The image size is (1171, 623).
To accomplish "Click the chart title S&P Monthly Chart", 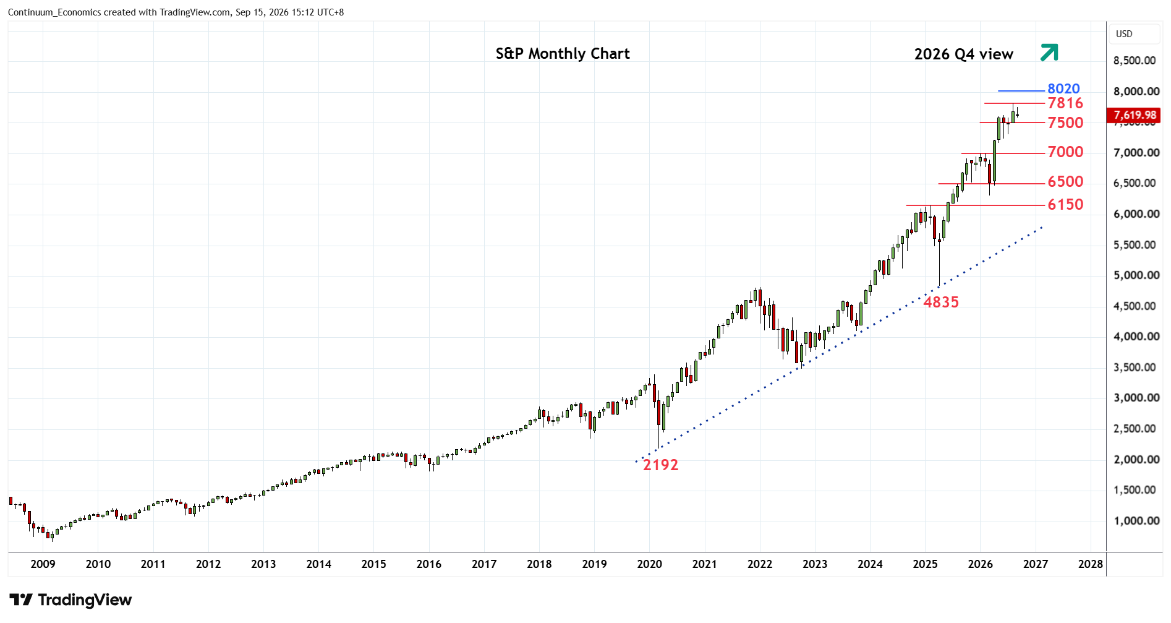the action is [x=563, y=54].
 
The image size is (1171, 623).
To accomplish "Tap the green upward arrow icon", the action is [x=1049, y=53].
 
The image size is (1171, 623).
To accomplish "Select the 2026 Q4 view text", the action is [x=964, y=54].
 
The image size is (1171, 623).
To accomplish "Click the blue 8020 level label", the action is [x=1063, y=88].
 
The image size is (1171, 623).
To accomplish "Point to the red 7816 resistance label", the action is [x=1065, y=103].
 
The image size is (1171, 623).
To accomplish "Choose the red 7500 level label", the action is [x=1065, y=122].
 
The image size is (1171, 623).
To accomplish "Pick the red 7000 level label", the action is [x=1065, y=152].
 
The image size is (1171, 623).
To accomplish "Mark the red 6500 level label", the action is [x=1065, y=181].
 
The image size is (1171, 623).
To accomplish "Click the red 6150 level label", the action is [x=1065, y=204].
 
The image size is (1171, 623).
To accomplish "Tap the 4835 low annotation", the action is [x=941, y=302].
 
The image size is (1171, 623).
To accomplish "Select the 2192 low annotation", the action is [x=660, y=465].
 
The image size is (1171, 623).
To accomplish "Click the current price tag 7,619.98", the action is [x=1134, y=115].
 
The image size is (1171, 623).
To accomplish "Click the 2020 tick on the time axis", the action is [x=649, y=564].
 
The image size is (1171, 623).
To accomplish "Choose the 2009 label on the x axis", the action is [x=43, y=564].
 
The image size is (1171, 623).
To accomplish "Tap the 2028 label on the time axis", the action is [x=1091, y=564].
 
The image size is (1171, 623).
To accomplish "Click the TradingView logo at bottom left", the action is [x=70, y=599].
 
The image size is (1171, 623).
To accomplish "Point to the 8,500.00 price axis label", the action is [x=1135, y=61].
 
